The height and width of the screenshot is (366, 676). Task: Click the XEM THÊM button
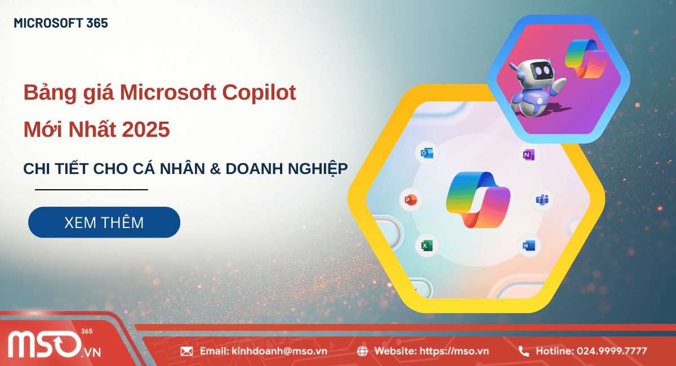(104, 222)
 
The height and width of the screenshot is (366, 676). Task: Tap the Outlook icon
(426, 154)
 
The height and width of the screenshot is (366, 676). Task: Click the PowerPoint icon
(410, 200)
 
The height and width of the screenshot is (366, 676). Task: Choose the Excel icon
(426, 246)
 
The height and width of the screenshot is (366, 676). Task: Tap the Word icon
(528, 246)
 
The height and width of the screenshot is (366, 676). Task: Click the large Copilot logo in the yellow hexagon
(478, 199)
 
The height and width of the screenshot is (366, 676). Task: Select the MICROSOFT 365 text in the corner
(61, 23)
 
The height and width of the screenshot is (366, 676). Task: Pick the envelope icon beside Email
(186, 351)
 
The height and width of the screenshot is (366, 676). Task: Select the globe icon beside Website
(362, 351)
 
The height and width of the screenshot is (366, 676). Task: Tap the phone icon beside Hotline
(523, 351)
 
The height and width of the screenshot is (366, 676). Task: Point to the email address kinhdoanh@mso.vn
(279, 351)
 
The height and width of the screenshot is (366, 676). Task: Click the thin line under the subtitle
(91, 190)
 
